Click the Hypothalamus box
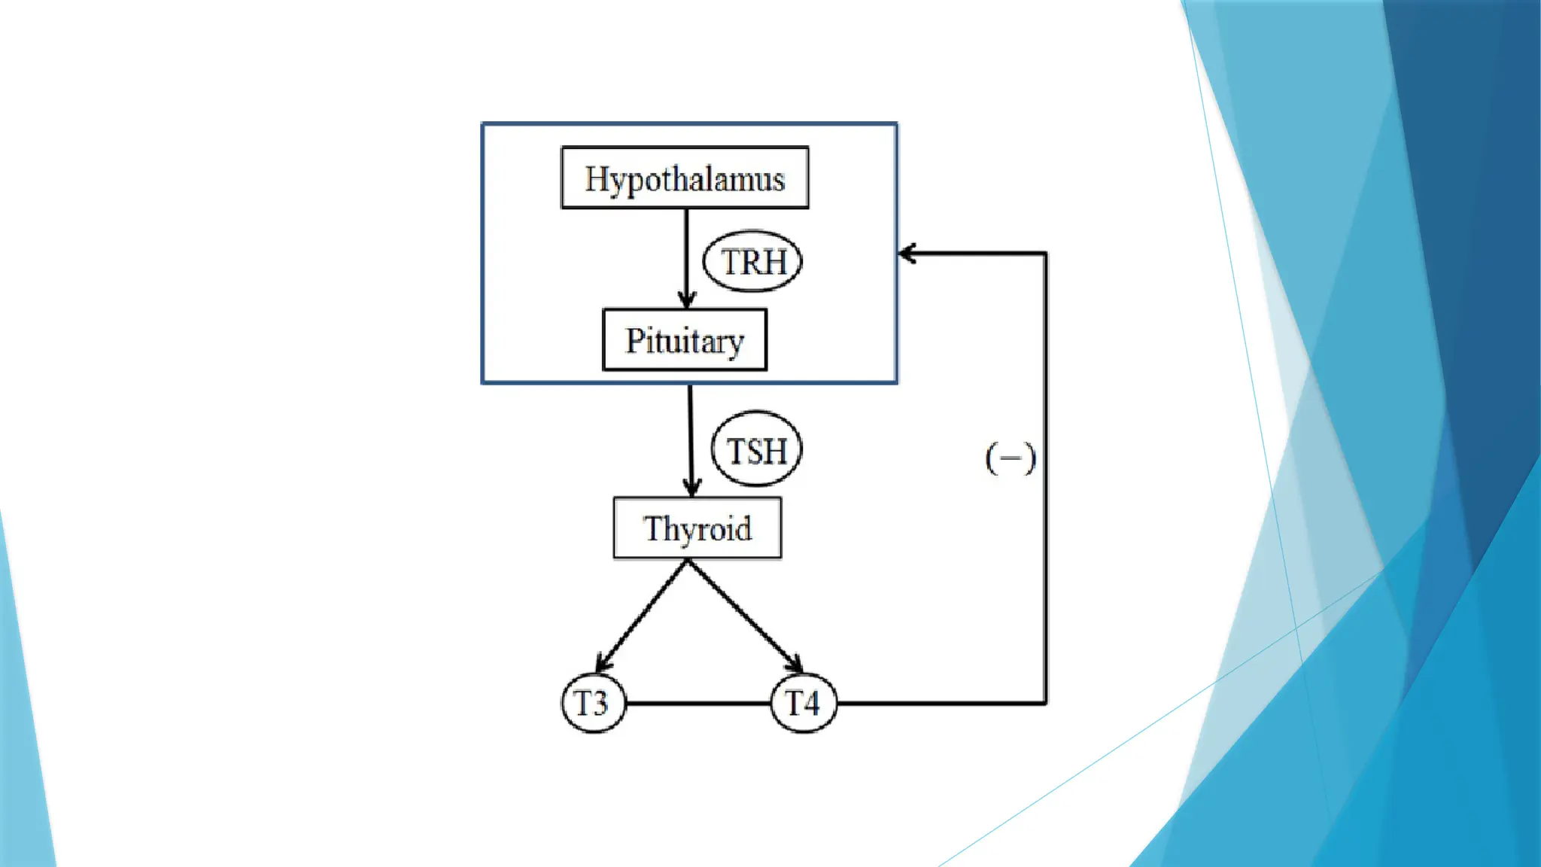[x=685, y=178]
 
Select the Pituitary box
[x=685, y=340]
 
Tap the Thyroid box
[x=697, y=528]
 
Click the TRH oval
[x=752, y=261]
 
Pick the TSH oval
[x=756, y=449]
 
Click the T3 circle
[x=593, y=704]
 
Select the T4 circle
[x=803, y=704]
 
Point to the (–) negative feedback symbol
[x=1011, y=458]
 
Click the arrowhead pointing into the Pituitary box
[x=686, y=300]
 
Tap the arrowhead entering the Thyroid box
[x=692, y=488]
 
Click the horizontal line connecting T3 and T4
[x=698, y=704]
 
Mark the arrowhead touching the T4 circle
[x=795, y=664]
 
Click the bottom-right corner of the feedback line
[x=1045, y=703]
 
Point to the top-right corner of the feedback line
[x=1045, y=254]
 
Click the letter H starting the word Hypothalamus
[x=596, y=179]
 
